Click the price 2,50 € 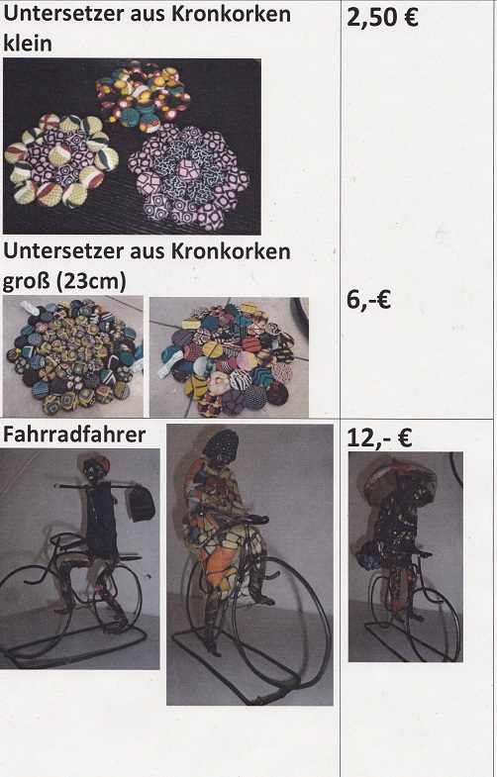coord(382,18)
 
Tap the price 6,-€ coord(368,300)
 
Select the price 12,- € coord(379,438)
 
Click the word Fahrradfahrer coord(74,435)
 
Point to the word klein coord(28,44)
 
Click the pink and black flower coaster coord(188,177)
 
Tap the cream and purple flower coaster coord(62,159)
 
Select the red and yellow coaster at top coord(143,96)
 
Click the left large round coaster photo coord(73,356)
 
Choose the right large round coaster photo coord(229,356)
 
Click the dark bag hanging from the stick coord(142,503)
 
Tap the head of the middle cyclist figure coord(222,448)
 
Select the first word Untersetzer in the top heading coord(64,14)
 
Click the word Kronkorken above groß coord(231,251)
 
